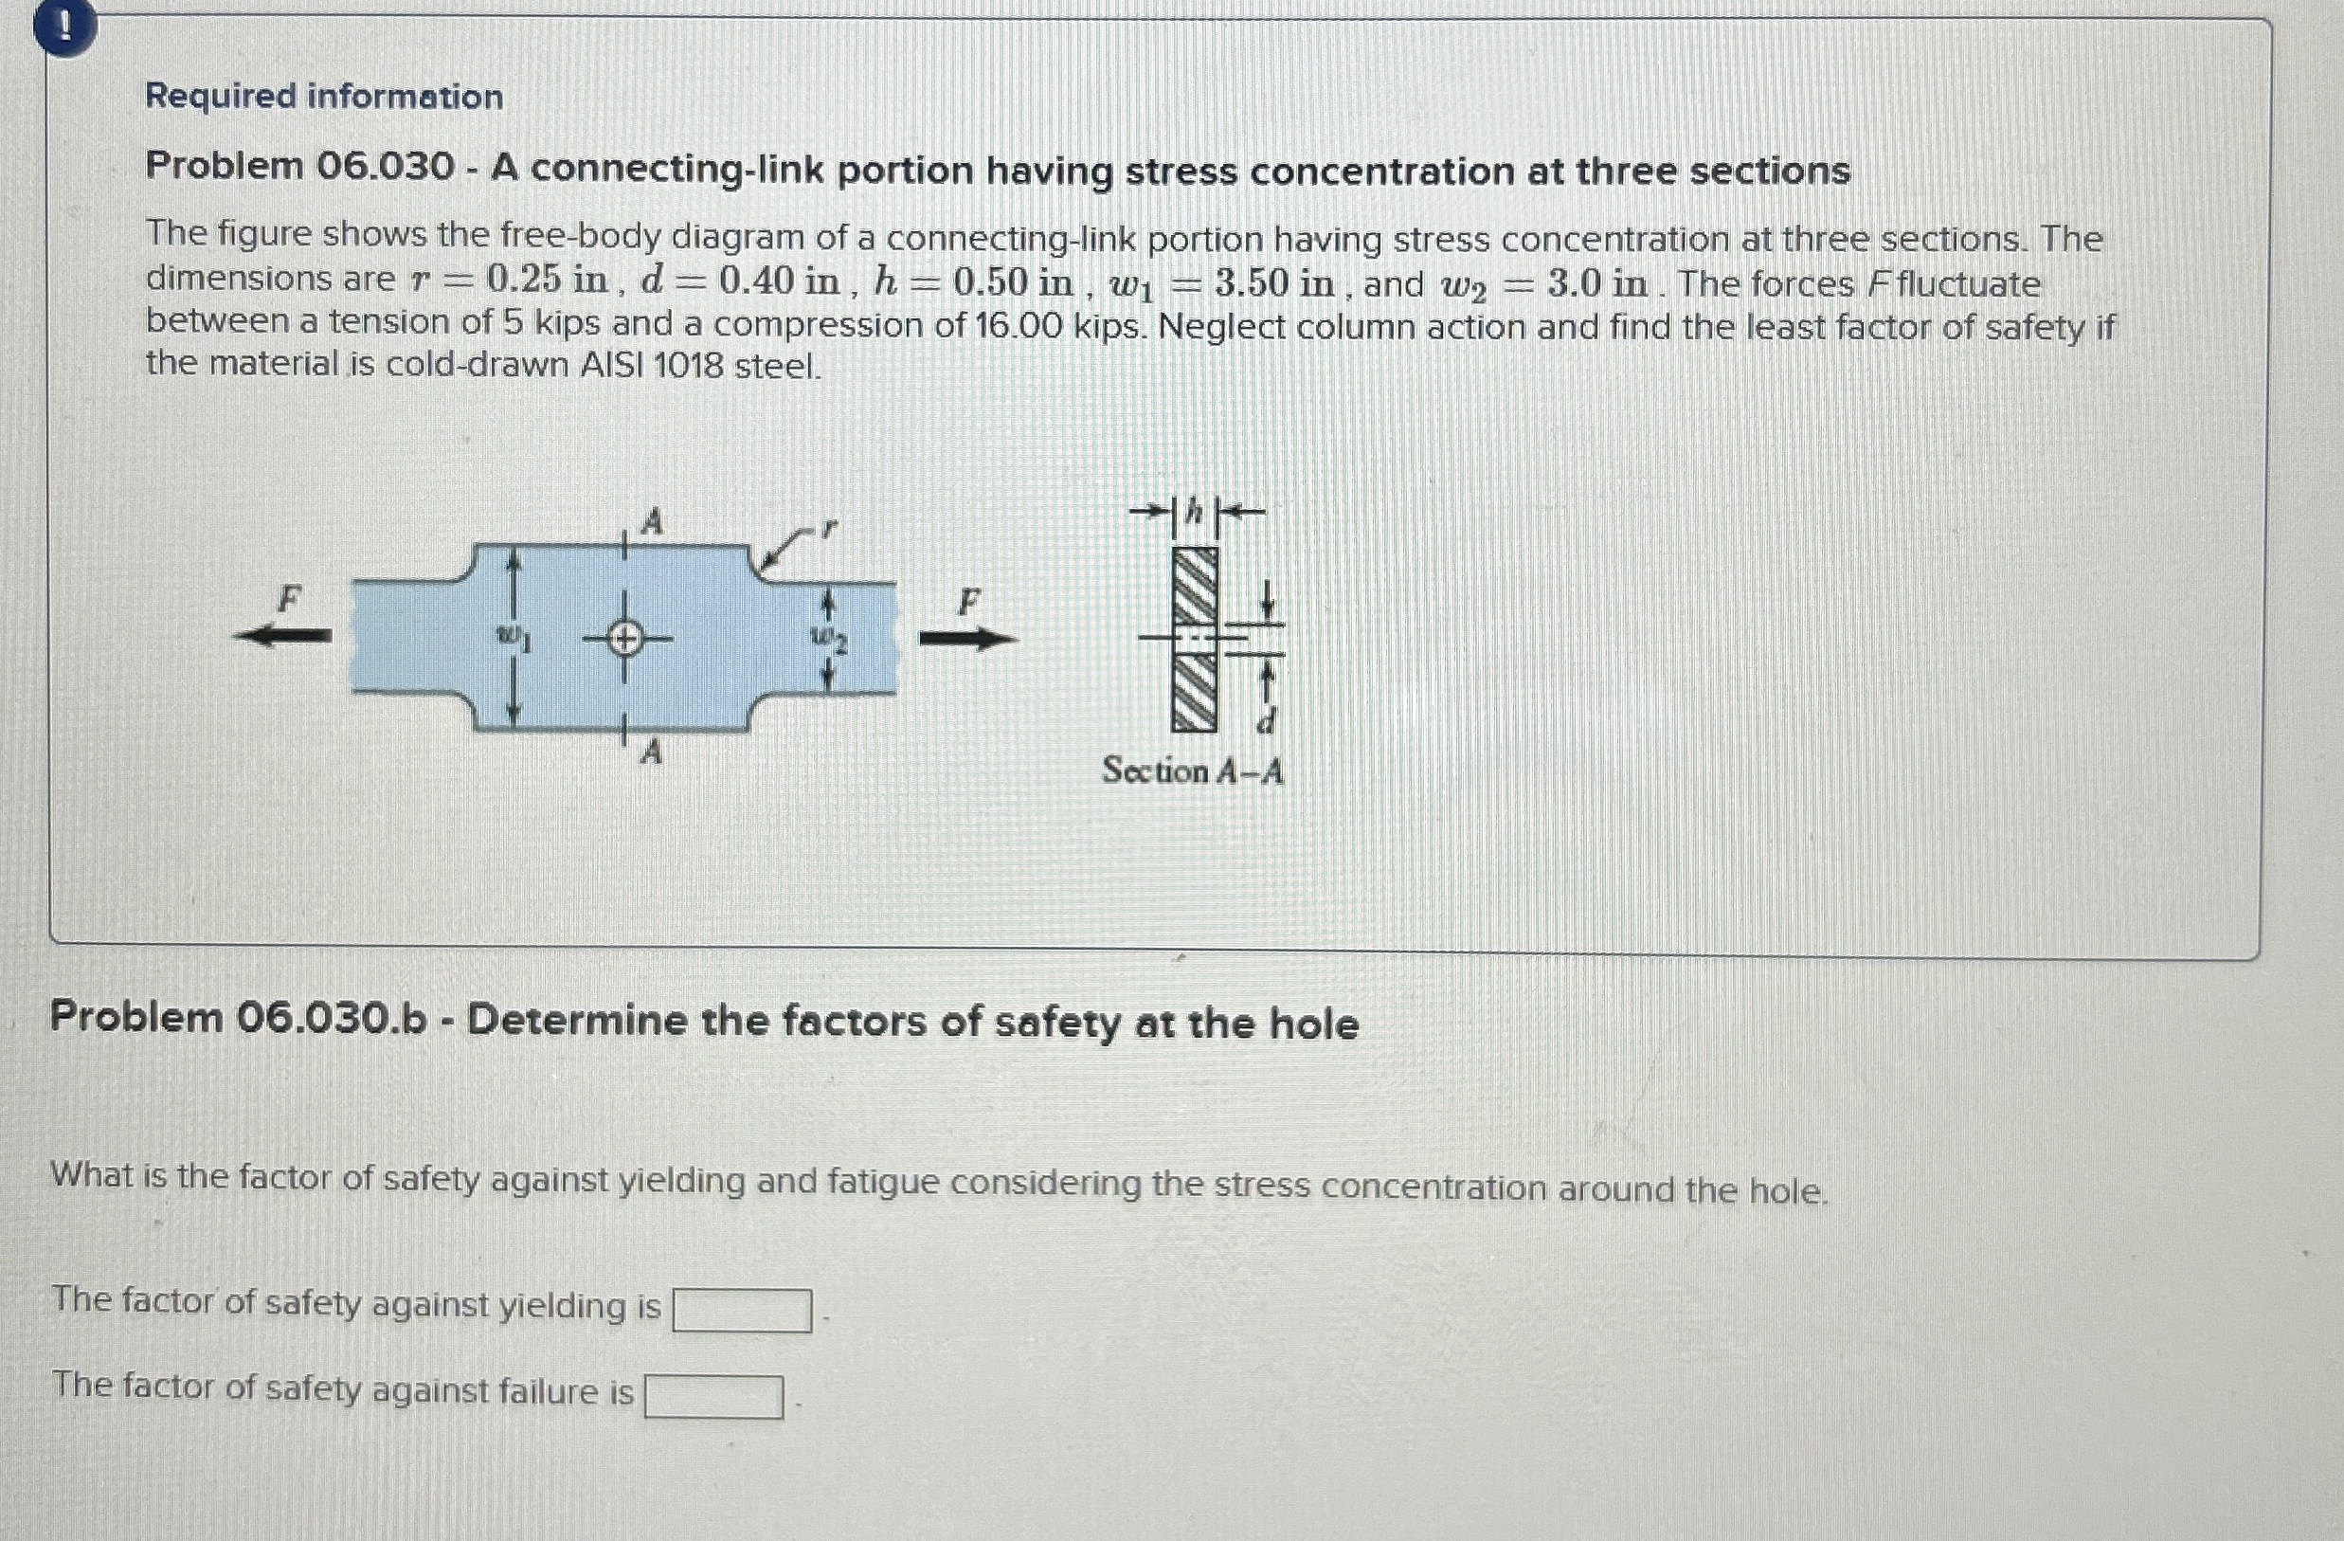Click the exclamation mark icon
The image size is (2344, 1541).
(64, 28)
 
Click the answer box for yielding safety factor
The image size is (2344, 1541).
(742, 1311)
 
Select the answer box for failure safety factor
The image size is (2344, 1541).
(713, 1397)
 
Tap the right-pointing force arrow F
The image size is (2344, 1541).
(966, 640)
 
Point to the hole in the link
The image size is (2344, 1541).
(624, 640)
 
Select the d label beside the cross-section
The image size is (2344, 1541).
(1267, 724)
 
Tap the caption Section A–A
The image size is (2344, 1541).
(1192, 770)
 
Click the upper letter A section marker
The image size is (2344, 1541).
(650, 521)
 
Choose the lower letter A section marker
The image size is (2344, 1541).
(650, 754)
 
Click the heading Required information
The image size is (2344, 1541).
(324, 97)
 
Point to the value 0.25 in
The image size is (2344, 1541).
(547, 281)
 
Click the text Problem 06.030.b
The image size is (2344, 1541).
(239, 1019)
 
